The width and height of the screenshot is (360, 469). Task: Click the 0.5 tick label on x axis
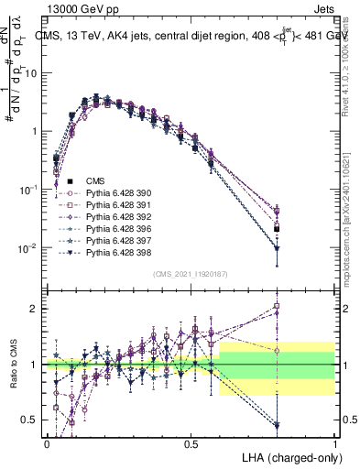(191, 443)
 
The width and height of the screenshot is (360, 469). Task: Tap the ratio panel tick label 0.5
(32, 420)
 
